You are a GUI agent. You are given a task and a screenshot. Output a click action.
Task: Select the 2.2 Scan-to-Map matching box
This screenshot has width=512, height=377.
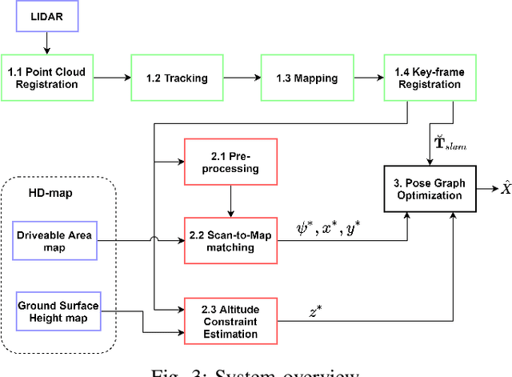(230, 241)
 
